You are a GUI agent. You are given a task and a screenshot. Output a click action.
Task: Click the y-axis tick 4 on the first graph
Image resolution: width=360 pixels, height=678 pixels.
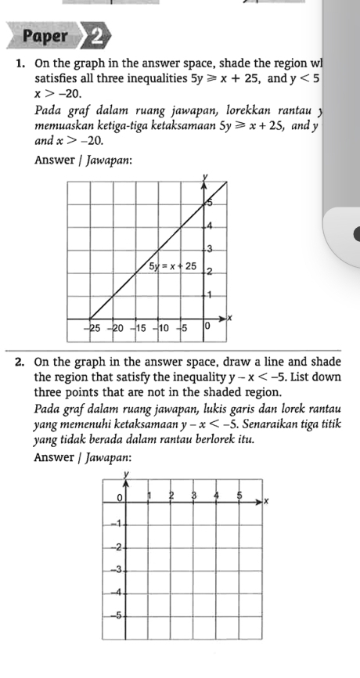tap(209, 225)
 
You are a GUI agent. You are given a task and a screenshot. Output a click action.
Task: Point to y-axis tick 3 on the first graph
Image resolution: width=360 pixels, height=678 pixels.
tap(209, 248)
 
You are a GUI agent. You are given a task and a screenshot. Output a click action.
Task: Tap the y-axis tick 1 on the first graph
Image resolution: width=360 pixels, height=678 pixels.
tap(209, 294)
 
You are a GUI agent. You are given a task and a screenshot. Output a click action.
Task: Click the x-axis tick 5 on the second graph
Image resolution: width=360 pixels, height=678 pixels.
tap(239, 496)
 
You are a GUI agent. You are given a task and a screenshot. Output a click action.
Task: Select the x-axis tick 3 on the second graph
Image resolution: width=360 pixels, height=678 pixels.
tap(193, 496)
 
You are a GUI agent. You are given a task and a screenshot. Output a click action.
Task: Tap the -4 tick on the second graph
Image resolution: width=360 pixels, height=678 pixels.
tap(116, 592)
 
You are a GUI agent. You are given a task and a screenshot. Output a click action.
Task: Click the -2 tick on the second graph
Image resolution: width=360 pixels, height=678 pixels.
tap(116, 546)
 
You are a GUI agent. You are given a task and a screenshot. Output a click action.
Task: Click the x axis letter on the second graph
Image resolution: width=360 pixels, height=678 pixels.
tap(265, 500)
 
